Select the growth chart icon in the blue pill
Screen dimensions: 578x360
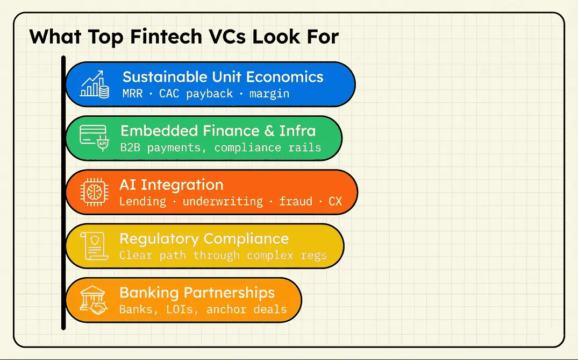95,84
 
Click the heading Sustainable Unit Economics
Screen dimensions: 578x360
223,77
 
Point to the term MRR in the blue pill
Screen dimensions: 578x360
132,93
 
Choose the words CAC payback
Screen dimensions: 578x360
196,94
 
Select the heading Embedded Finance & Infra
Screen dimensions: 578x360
218,131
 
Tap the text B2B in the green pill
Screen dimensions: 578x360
130,147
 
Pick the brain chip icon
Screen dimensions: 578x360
95,192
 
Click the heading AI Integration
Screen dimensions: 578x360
172,185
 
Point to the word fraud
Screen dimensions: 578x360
296,201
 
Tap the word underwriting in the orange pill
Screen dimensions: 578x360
223,202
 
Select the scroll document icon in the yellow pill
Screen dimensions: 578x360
95,246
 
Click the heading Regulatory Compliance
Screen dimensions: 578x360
204,239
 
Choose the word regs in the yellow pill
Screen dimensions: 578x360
313,256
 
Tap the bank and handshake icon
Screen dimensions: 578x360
94,300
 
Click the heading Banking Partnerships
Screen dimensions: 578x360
197,293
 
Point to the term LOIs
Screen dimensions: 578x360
180,309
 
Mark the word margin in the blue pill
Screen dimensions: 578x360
269,94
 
